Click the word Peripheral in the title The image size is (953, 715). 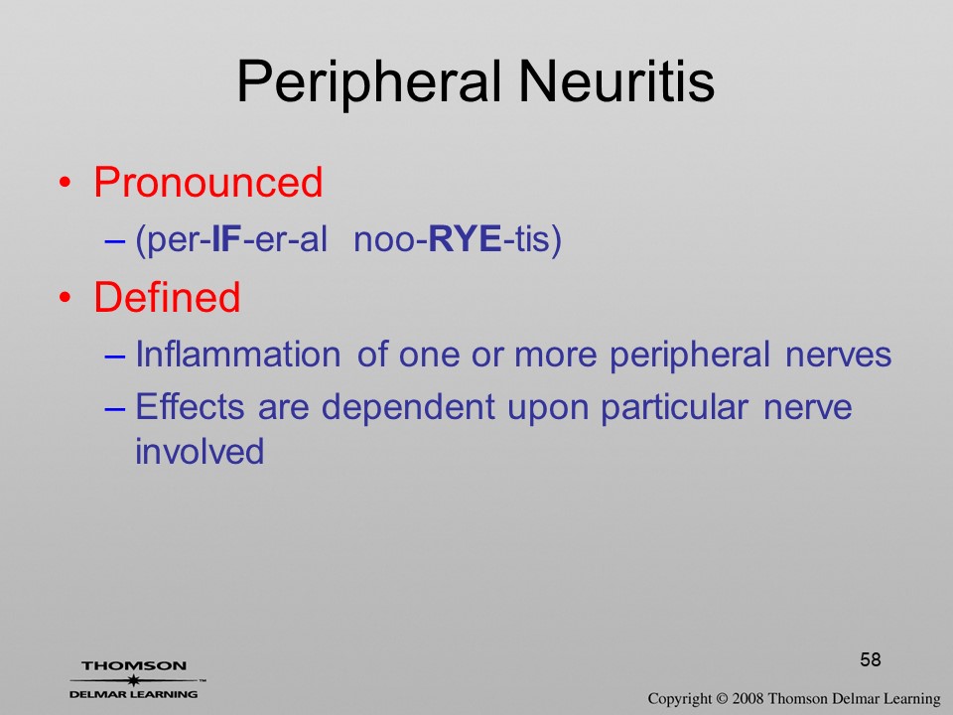[x=369, y=82]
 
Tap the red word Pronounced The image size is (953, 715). [x=207, y=182]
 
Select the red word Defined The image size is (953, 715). [x=167, y=297]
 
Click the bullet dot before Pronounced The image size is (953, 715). [x=66, y=183]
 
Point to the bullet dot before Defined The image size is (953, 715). [x=66, y=297]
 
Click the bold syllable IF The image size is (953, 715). [x=226, y=238]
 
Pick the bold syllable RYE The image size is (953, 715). [x=465, y=238]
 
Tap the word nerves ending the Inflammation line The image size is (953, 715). [x=838, y=357]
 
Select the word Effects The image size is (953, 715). [x=190, y=406]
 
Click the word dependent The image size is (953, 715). [x=408, y=407]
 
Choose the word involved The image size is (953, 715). [x=200, y=451]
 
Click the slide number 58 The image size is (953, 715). [x=871, y=659]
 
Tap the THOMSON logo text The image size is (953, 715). [x=134, y=665]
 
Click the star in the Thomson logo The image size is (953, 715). [x=134, y=680]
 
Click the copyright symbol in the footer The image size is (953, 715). [x=722, y=699]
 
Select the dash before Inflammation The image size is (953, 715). [x=115, y=356]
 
